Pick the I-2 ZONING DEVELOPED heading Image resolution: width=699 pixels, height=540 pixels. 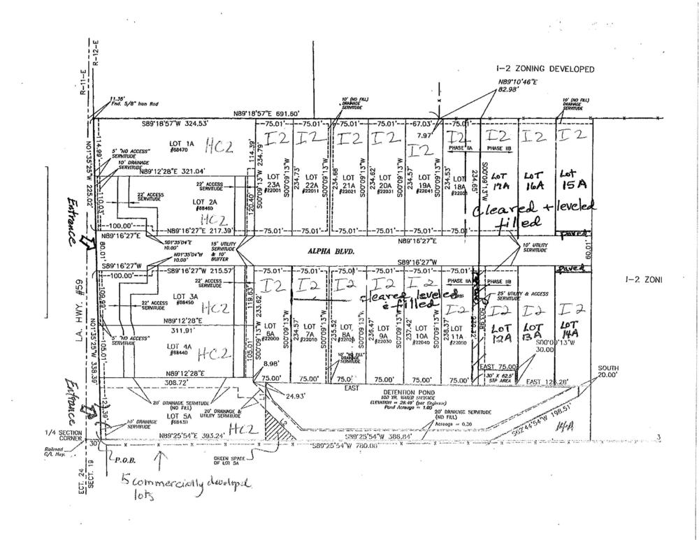click(x=545, y=69)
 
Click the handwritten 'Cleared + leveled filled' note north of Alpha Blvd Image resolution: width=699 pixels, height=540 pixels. click(x=535, y=214)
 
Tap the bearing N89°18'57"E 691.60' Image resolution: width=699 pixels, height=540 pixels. click(x=266, y=114)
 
